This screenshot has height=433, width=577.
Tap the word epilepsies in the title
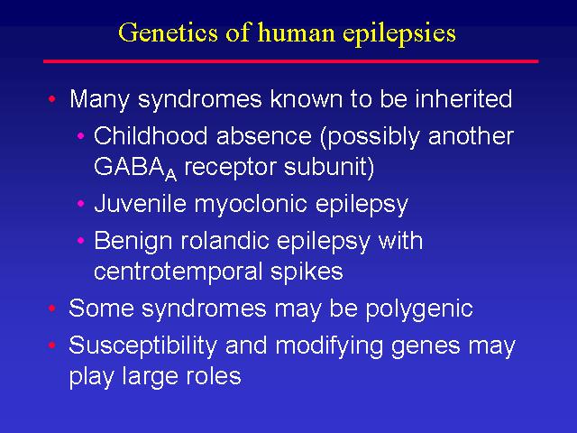pos(399,34)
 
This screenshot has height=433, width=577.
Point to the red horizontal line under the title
pos(290,61)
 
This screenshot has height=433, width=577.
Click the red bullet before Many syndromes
pos(52,98)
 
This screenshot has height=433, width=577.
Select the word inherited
pos(463,98)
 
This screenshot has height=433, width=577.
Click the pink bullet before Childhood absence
pos(81,136)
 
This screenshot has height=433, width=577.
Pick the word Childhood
pos(151,135)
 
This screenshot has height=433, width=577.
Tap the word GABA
pos(129,166)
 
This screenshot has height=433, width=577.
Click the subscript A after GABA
pos(170,175)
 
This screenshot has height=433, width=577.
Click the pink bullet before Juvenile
pos(81,203)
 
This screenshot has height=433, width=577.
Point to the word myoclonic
pos(251,205)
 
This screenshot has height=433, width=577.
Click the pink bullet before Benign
pos(81,241)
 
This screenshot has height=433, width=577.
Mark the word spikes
pos(307,272)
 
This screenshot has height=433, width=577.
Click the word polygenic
pos(419,309)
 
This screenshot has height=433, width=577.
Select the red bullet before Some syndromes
pos(52,308)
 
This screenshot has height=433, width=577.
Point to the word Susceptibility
pos(142,346)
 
